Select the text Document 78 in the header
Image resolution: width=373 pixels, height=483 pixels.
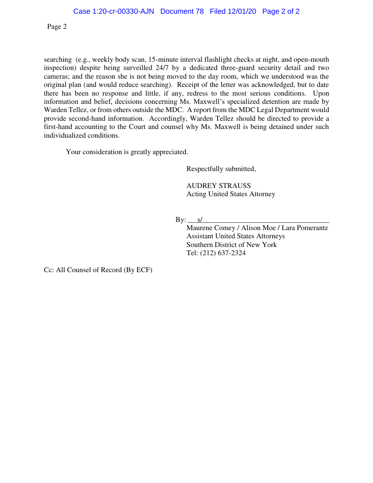click(x=182, y=11)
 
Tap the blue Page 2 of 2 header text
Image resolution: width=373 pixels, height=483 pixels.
click(x=281, y=11)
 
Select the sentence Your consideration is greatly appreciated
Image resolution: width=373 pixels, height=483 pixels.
click(x=127, y=152)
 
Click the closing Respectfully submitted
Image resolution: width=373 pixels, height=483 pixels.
click(x=221, y=169)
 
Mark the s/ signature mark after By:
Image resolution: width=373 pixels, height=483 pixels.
click(x=200, y=220)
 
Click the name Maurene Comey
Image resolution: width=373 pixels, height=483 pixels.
click(x=211, y=228)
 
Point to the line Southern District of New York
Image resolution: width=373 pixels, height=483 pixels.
click(x=231, y=245)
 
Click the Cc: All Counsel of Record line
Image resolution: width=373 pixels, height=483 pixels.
click(x=98, y=270)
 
